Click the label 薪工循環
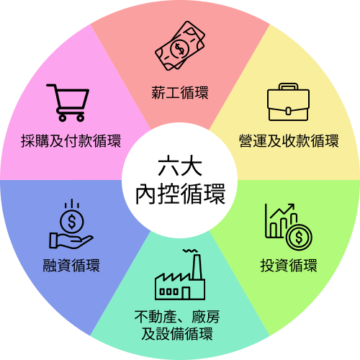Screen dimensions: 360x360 pos(180,93)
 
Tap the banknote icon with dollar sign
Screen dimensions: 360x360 pos(180,45)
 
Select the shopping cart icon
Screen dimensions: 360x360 pos(68,103)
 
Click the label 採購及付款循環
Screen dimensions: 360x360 pos(71,141)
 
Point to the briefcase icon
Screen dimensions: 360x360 pos(288,102)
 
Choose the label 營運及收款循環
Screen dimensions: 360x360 pos(289,141)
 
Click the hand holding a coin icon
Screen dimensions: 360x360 pos(71,224)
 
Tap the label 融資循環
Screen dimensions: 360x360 pos(71,266)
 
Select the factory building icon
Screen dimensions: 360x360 pos(180,274)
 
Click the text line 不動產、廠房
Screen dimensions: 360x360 pos(177,317)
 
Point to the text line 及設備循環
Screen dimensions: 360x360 pos(177,334)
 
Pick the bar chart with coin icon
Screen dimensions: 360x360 pos(289,227)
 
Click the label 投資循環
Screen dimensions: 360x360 pos(289,266)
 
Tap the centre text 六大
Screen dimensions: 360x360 pos(180,166)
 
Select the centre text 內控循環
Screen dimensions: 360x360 pos(180,194)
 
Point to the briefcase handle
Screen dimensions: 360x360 pos(288,86)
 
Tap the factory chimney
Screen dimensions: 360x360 pos(197,267)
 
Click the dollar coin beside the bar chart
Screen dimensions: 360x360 pos(299,238)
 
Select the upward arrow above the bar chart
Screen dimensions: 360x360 pos(282,210)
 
